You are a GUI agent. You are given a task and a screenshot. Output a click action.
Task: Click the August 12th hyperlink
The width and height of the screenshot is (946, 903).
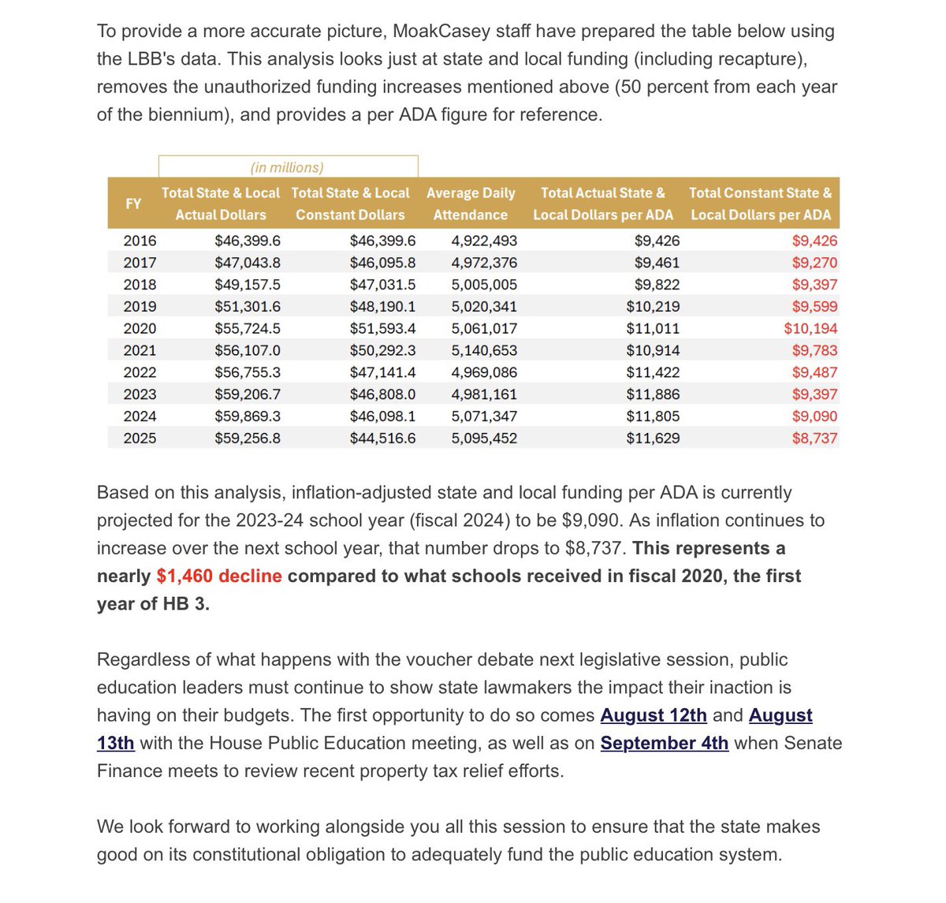pyautogui.click(x=654, y=715)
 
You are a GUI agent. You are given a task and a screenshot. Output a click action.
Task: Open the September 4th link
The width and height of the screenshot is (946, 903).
pyautogui.click(x=664, y=743)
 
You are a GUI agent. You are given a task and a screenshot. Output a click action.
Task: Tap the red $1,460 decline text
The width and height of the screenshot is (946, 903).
pyautogui.click(x=219, y=576)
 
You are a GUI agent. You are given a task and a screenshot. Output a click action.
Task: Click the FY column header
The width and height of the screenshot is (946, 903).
pyautogui.click(x=133, y=203)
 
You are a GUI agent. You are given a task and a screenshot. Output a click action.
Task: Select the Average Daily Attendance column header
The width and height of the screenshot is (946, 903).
pyautogui.click(x=471, y=203)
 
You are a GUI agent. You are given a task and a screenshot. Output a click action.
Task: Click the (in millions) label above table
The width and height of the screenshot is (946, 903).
pyautogui.click(x=287, y=167)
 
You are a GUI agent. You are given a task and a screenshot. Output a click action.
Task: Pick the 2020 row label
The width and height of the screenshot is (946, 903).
pyautogui.click(x=140, y=328)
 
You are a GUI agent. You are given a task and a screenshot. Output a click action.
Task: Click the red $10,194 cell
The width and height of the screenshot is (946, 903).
pyautogui.click(x=810, y=328)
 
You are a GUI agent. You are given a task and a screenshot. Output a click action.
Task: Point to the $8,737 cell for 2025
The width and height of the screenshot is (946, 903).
pyautogui.click(x=814, y=438)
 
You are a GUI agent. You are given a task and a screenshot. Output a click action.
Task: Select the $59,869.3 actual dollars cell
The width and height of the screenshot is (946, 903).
pyautogui.click(x=248, y=416)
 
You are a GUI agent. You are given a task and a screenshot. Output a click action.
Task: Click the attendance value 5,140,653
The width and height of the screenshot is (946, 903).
pyautogui.click(x=484, y=350)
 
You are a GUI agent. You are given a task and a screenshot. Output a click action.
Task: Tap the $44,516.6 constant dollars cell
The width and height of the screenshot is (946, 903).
pyautogui.click(x=382, y=438)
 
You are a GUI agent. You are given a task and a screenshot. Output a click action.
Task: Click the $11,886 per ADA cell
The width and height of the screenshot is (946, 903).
pyautogui.click(x=653, y=394)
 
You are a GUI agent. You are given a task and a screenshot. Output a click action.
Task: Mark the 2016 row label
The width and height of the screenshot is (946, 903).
pyautogui.click(x=140, y=241)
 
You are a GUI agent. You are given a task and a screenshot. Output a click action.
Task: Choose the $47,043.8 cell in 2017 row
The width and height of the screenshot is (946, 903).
pyautogui.click(x=248, y=263)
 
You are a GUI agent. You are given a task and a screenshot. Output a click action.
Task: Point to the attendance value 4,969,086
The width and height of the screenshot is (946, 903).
pyautogui.click(x=484, y=372)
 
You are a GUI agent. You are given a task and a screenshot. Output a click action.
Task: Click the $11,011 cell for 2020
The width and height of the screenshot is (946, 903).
pyautogui.click(x=653, y=328)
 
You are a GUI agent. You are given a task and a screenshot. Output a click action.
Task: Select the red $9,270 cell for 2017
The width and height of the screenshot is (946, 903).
pyautogui.click(x=814, y=263)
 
